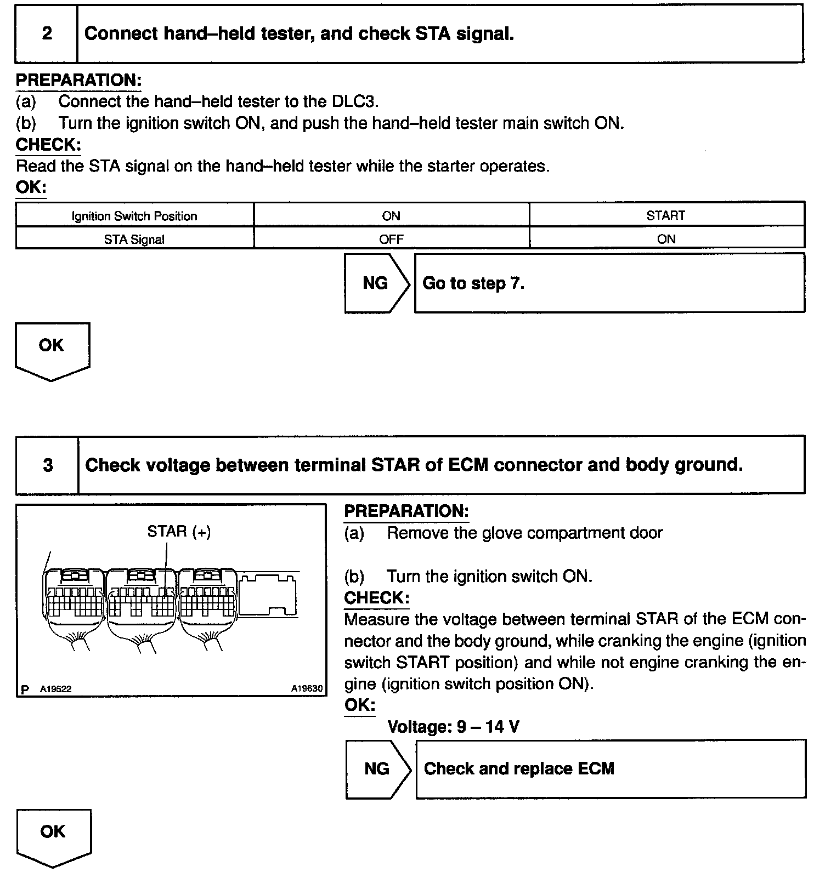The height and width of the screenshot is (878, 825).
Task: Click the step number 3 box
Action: pyautogui.click(x=47, y=465)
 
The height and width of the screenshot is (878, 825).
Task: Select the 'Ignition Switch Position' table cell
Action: pyautogui.click(x=135, y=215)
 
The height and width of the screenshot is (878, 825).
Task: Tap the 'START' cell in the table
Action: pyautogui.click(x=666, y=215)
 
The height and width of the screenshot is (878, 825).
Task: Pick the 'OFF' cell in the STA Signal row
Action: pyautogui.click(x=392, y=238)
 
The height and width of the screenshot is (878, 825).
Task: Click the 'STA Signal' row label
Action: pyautogui.click(x=135, y=238)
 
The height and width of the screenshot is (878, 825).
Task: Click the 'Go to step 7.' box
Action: pyautogui.click(x=609, y=283)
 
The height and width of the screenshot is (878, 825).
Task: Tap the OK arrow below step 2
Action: pyautogui.click(x=52, y=351)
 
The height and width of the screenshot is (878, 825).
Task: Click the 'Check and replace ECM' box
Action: pyautogui.click(x=611, y=769)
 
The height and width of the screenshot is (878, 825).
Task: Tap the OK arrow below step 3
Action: pyautogui.click(x=54, y=838)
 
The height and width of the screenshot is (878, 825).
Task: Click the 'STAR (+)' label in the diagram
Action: pyautogui.click(x=179, y=531)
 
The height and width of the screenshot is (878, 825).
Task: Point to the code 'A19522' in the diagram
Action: pyautogui.click(x=55, y=689)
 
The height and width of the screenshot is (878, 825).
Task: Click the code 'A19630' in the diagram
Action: pyautogui.click(x=307, y=688)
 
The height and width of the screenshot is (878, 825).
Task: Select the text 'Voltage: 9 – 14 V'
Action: pyautogui.click(x=453, y=727)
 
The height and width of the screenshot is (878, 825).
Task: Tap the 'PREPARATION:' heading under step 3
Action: pyautogui.click(x=406, y=511)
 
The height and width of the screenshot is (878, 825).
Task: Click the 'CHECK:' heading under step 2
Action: pyautogui.click(x=48, y=145)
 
